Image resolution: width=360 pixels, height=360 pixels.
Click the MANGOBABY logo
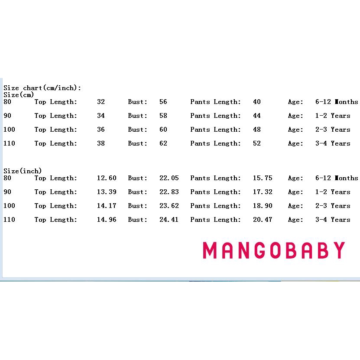tap(274, 250)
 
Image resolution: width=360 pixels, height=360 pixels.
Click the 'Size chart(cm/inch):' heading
tap(42, 88)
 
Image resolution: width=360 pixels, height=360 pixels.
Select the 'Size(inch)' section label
tap(23, 171)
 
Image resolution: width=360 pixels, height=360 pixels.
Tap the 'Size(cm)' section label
tap(19, 94)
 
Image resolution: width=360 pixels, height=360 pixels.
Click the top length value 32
tap(101, 102)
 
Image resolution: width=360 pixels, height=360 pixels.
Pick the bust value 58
tap(163, 116)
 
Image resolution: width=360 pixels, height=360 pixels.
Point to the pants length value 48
tap(257, 130)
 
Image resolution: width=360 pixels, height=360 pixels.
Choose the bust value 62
tap(163, 143)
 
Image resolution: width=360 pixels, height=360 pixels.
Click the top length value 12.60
tap(107, 178)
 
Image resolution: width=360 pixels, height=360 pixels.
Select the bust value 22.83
tap(169, 192)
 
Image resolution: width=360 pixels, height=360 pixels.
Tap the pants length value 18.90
tap(263, 206)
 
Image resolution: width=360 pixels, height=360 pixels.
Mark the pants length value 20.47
tap(263, 220)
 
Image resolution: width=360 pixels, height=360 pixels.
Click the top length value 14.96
tap(107, 220)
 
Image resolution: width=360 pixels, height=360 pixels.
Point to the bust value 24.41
tap(169, 220)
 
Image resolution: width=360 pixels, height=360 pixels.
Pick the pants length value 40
tap(257, 102)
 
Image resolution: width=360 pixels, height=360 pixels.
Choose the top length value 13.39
tap(107, 192)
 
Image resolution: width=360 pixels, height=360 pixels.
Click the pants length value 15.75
tap(263, 178)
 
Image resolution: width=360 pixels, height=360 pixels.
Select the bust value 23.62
tap(169, 206)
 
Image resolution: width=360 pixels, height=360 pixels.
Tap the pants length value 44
tap(257, 116)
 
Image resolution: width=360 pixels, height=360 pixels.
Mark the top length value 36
tap(101, 130)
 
